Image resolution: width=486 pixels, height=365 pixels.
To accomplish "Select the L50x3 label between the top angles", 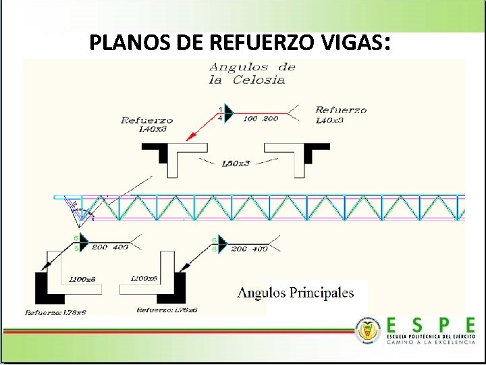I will coord(236,164).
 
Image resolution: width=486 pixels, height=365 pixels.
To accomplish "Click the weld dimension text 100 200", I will coord(261,118).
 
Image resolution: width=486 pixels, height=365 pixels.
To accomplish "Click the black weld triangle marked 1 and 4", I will coord(228,114).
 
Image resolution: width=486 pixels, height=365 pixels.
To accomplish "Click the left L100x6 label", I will coord(82,278).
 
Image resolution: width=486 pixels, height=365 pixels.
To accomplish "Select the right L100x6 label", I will coord(144,278).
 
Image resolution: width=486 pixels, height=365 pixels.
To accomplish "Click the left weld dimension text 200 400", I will coord(109,247).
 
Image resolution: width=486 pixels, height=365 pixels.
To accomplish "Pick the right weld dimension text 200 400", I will coord(249,249).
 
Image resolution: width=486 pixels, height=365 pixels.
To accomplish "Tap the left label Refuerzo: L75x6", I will coord(56,312).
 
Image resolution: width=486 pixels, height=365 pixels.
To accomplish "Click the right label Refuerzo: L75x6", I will coord(167,310).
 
